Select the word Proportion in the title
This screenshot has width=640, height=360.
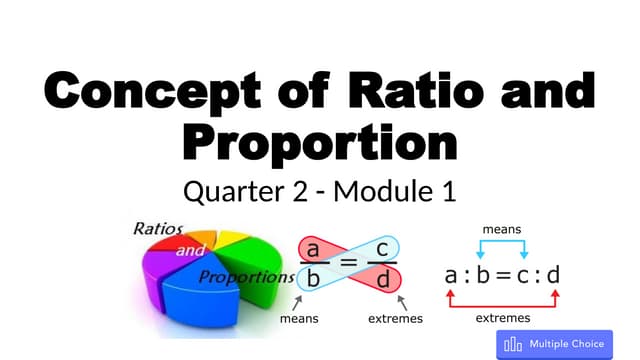(321, 143)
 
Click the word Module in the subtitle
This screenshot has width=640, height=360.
(379, 190)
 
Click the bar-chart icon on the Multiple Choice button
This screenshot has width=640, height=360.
(514, 344)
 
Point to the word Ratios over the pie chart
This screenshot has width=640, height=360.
(159, 228)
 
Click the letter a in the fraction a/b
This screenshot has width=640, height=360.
(313, 249)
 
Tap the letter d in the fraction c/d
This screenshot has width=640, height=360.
(383, 279)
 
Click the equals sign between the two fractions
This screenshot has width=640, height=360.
(348, 264)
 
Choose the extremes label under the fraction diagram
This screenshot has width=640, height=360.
(394, 319)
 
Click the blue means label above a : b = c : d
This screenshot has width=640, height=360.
(501, 229)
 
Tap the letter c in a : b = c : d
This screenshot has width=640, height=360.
(525, 272)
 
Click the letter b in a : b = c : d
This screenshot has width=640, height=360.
(482, 271)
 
